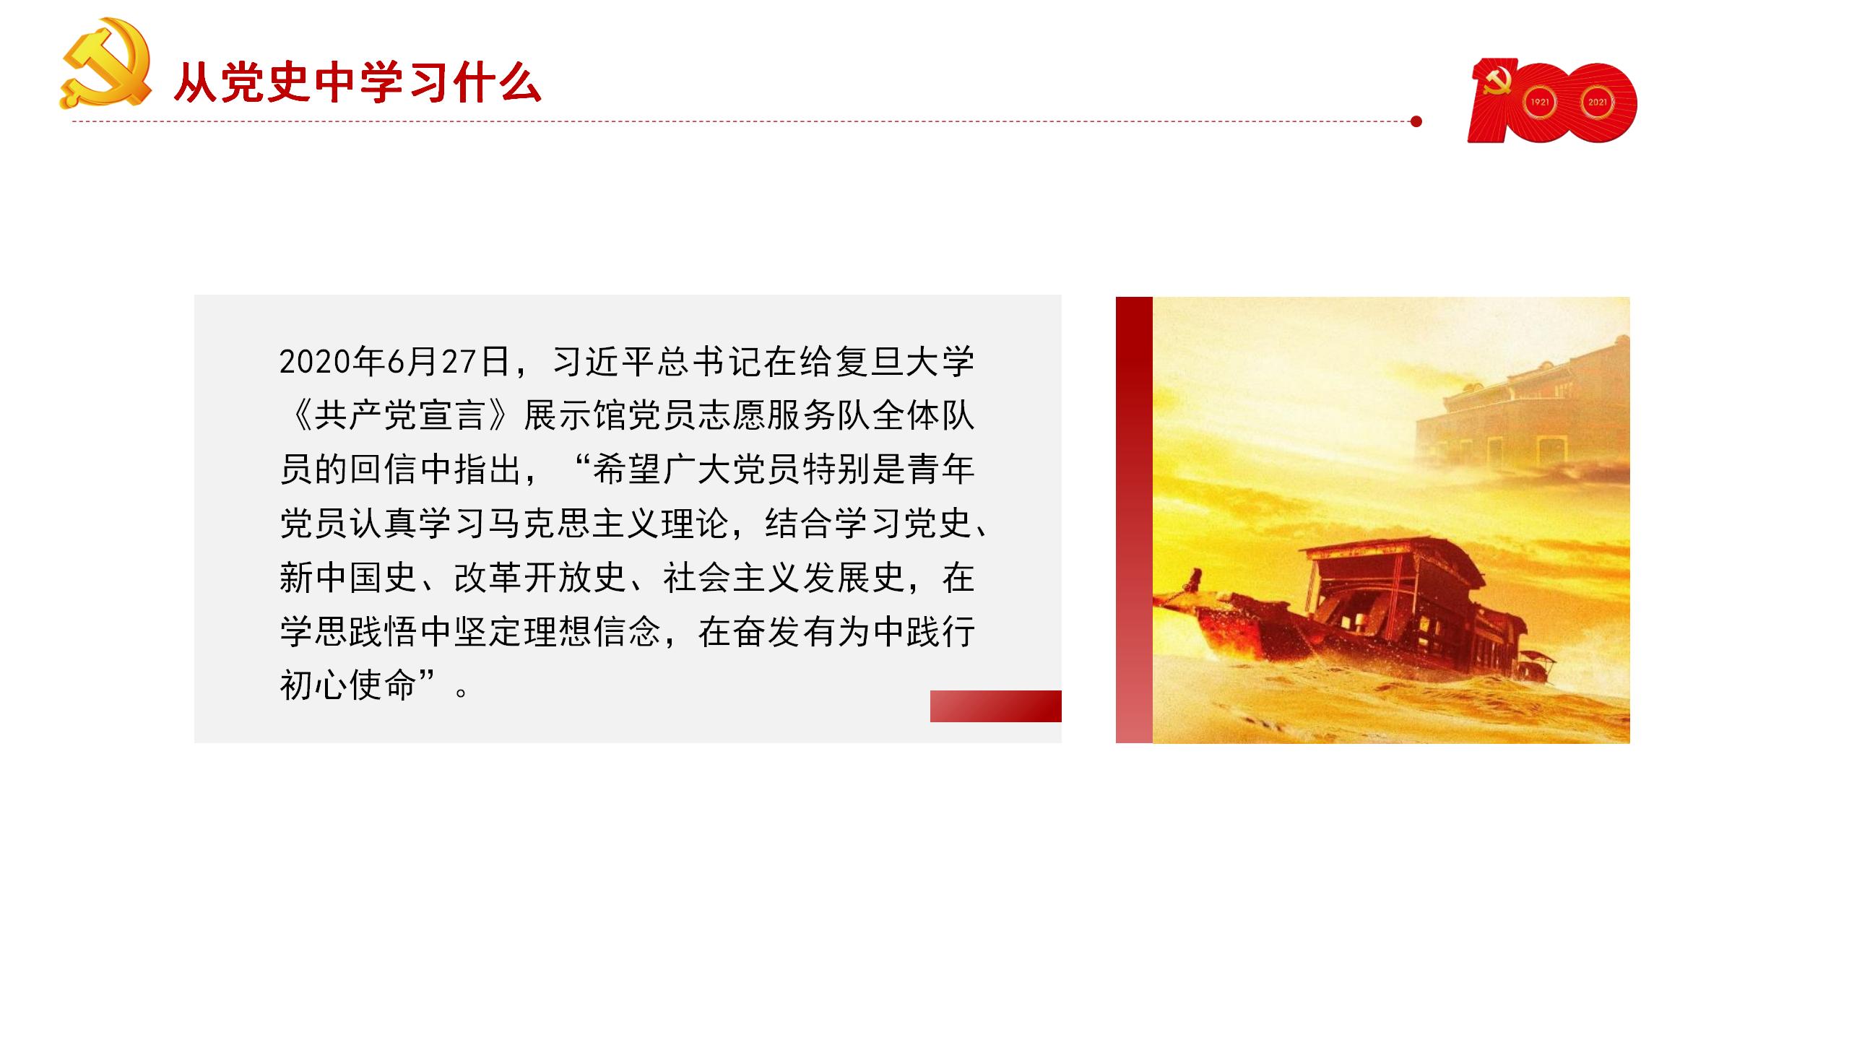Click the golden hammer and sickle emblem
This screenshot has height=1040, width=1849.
(105, 64)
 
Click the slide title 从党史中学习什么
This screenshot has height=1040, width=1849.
(358, 84)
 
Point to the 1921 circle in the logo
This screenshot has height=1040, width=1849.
(1539, 102)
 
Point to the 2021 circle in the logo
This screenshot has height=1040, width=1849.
(1597, 102)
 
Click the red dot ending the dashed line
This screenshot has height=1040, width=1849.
(1416, 121)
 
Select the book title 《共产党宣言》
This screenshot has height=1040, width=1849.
(401, 415)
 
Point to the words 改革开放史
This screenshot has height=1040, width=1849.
(540, 578)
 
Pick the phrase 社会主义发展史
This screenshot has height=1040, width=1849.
(784, 578)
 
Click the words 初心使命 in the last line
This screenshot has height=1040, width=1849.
(348, 685)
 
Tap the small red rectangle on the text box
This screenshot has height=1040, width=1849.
(995, 706)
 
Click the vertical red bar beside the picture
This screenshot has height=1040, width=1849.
(1134, 520)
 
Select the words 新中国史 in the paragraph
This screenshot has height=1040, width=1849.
(348, 578)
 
